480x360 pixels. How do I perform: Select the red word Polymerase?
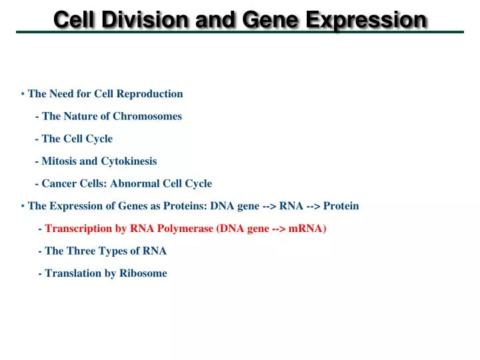point(185,229)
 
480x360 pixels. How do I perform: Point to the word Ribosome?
point(143,273)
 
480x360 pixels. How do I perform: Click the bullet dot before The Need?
point(23,94)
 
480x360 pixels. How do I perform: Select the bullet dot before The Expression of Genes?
point(23,206)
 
